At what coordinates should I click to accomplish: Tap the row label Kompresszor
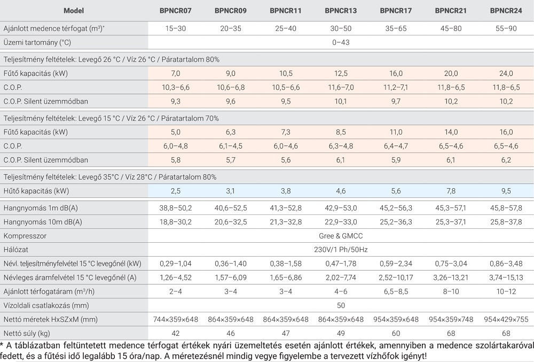click(25, 236)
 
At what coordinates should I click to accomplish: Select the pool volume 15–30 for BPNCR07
click(176, 28)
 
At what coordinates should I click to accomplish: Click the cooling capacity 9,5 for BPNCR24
click(506, 191)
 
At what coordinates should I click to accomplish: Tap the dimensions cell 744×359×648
click(176, 320)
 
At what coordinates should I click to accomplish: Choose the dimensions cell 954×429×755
click(506, 320)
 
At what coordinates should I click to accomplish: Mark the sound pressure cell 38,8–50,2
click(176, 208)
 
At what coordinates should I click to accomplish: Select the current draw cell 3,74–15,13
click(506, 278)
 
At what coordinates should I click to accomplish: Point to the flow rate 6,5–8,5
click(396, 291)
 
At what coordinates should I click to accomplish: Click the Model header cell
click(74, 11)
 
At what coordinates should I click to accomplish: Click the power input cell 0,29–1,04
click(176, 264)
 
